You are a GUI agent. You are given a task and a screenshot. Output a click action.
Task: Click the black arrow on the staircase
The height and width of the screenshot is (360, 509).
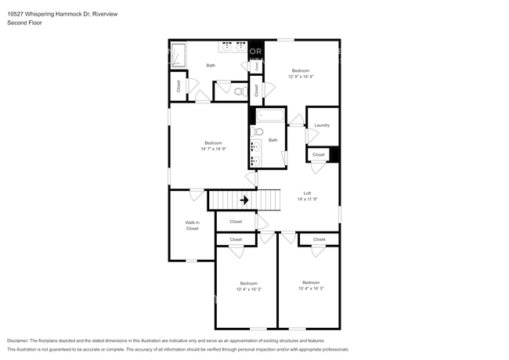click(244, 200)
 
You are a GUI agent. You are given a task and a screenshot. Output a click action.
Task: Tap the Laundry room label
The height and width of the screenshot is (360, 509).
click(322, 125)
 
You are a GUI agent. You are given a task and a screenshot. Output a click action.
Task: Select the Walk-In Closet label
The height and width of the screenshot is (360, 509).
click(192, 225)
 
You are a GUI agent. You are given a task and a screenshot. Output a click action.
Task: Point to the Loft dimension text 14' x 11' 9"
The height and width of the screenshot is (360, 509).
click(307, 200)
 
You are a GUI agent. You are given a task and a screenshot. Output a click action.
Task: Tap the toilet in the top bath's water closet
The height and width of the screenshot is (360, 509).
click(241, 92)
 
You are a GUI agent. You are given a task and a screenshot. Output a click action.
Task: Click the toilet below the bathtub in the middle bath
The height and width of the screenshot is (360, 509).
click(258, 133)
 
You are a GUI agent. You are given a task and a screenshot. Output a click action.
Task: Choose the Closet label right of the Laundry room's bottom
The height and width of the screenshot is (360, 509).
click(318, 155)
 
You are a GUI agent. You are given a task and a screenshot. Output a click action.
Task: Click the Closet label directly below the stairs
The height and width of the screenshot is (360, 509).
click(236, 222)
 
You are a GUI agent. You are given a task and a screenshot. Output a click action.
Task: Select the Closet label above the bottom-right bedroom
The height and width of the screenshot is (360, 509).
click(319, 239)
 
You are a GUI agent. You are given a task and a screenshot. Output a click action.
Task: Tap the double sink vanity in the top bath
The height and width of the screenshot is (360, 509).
click(234, 46)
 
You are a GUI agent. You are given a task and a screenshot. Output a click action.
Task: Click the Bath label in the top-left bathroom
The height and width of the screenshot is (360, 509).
click(211, 65)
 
